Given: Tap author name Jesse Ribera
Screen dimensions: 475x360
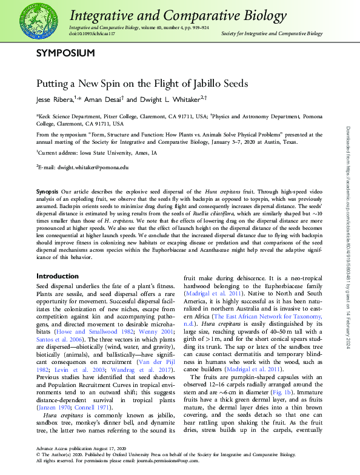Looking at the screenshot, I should click(55, 99).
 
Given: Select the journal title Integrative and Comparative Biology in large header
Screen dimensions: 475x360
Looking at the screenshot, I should click(178, 16).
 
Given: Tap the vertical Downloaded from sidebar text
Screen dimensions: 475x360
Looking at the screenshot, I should click(348, 237).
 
